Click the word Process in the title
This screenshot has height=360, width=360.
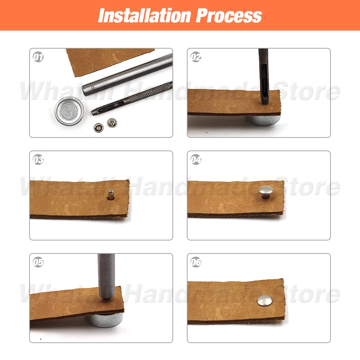(229, 15)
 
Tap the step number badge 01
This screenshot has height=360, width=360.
(38, 57)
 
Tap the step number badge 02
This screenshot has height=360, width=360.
(196, 57)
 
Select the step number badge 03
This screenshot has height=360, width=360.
(38, 159)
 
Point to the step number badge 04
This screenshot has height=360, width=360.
(196, 159)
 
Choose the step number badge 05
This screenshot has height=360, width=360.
(38, 262)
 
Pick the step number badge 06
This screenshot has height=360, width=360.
(196, 262)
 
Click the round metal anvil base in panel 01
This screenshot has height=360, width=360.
(69, 111)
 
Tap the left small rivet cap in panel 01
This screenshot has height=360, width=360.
(98, 126)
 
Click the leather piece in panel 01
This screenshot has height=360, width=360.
(108, 59)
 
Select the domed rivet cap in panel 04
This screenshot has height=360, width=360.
(266, 193)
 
